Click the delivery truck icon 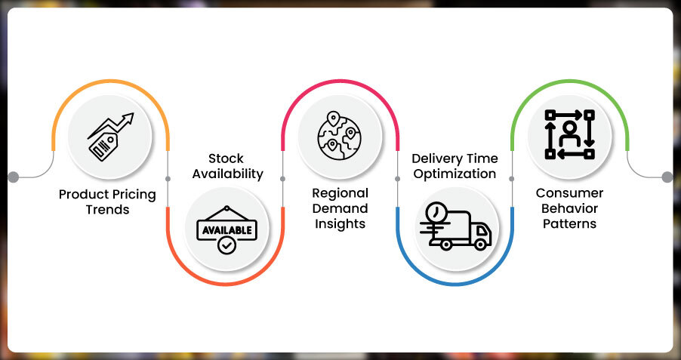(x=455, y=226)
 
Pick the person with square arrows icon (x=570, y=134)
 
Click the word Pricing (x=132, y=195)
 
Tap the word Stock (x=226, y=158)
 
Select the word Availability (x=227, y=174)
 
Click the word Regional (x=340, y=193)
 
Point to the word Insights (x=340, y=223)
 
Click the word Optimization (x=455, y=174)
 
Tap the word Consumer (x=571, y=193)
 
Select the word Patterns (x=571, y=223)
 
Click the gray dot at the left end (x=13, y=177)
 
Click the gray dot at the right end (x=667, y=177)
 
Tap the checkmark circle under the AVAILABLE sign (x=225, y=246)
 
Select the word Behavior (x=571, y=208)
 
